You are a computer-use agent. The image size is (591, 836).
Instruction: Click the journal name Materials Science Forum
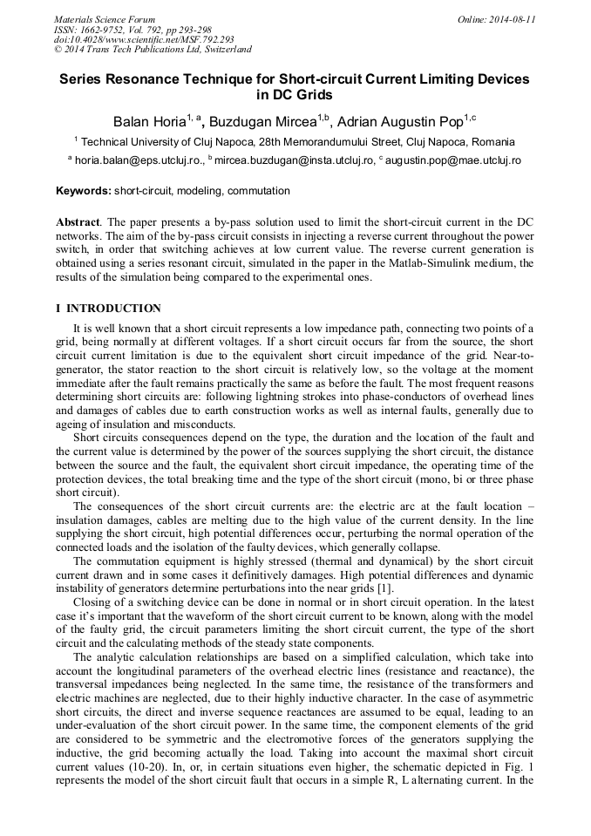tap(105, 19)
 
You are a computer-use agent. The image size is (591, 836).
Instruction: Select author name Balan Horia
tap(148, 120)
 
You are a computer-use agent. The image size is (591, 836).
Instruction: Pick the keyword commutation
tap(258, 191)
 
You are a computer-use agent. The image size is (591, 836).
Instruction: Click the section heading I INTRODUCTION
tap(108, 309)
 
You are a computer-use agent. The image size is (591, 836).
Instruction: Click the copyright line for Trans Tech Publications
tap(153, 50)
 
